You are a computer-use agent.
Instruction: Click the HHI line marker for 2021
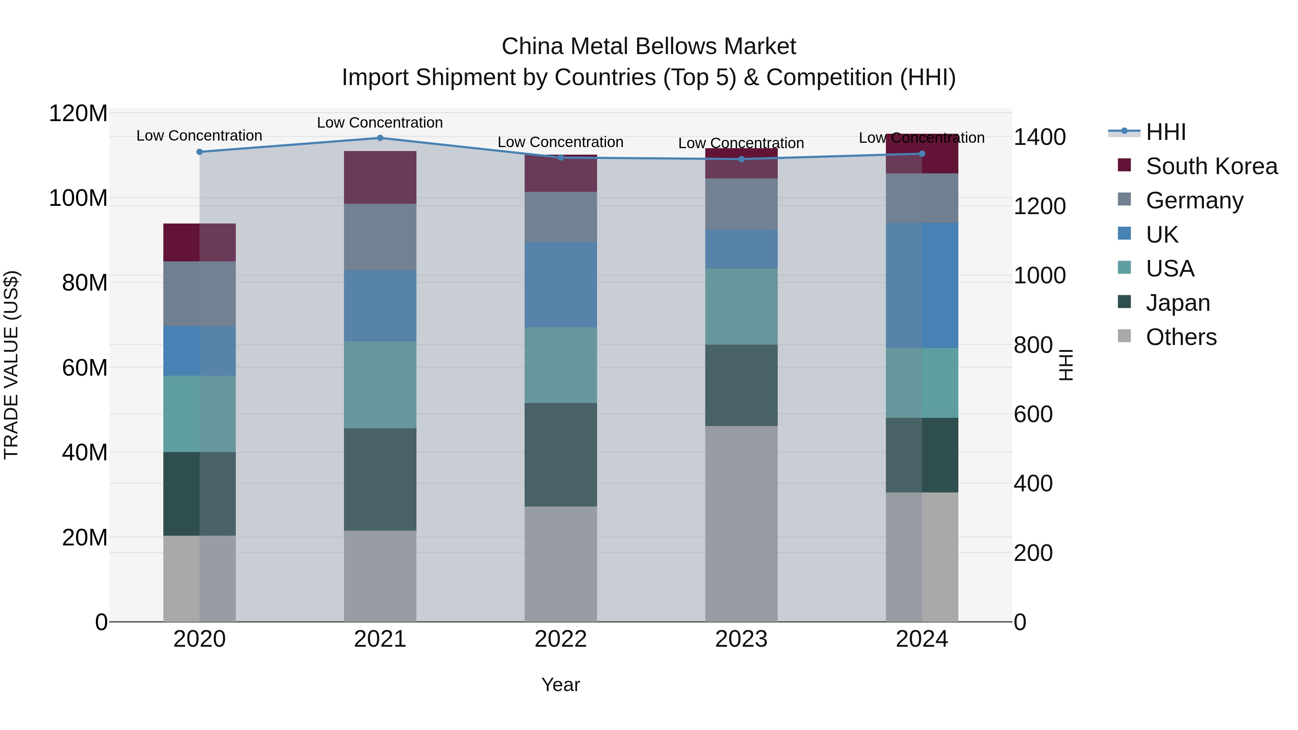380,138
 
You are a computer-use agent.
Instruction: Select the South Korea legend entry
1211,166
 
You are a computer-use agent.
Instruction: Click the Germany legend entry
1194,200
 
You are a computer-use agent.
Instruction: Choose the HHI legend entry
1165,132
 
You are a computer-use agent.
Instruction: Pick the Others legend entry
1180,337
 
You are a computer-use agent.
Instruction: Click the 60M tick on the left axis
84,368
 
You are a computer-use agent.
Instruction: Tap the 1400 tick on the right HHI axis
1039,137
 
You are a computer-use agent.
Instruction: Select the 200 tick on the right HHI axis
1033,553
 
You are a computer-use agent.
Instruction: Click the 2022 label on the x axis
560,639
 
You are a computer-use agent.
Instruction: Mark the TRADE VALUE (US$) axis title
11,365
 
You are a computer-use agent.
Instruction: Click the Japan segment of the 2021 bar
380,479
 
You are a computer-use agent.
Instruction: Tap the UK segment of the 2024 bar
922,285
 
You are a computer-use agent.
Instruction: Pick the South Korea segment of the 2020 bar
199,242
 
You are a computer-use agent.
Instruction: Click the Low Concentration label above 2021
380,123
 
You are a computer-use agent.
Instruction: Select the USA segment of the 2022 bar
560,365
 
